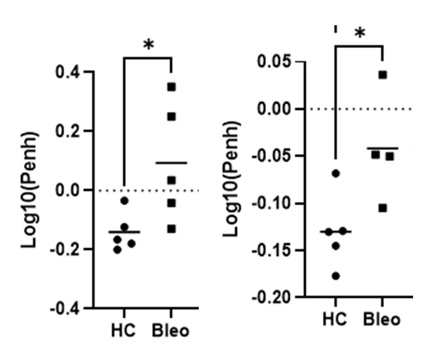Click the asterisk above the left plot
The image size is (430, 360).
click(149, 45)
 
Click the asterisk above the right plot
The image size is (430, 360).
click(360, 33)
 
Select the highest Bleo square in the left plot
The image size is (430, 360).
click(171, 87)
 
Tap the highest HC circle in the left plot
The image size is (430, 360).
click(125, 201)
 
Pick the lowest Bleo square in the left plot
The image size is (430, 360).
click(171, 229)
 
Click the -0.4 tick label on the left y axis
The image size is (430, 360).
click(65, 309)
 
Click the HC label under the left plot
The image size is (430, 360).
click(123, 330)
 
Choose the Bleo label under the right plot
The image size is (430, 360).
click(382, 319)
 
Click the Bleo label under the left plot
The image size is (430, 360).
click(170, 330)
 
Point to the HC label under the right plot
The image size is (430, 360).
click(335, 319)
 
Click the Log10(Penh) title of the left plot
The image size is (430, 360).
click(30, 190)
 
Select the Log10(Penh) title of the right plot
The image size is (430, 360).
click(232, 179)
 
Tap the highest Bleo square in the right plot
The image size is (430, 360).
click(383, 75)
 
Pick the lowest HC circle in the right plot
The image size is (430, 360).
click(336, 276)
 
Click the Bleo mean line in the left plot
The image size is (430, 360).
click(171, 163)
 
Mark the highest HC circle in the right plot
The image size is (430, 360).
click(336, 173)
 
